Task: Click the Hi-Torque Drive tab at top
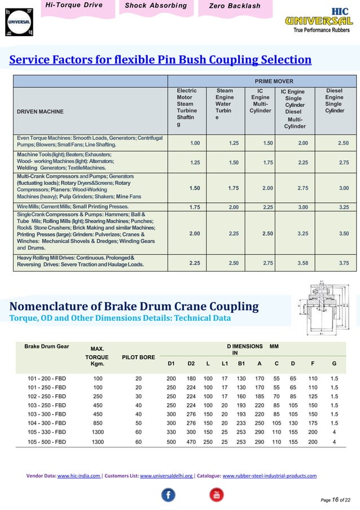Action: point(74,6)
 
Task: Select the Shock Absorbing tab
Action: point(148,6)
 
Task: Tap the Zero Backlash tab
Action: point(234,6)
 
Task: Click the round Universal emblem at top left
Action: point(17,22)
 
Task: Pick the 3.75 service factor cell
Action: point(343,263)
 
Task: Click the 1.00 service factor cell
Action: point(195,143)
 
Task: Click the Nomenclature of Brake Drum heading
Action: point(134,307)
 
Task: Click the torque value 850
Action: point(98,422)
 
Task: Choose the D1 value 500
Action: point(171,442)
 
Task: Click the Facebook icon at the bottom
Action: point(168,495)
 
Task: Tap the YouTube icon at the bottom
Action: point(215,495)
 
